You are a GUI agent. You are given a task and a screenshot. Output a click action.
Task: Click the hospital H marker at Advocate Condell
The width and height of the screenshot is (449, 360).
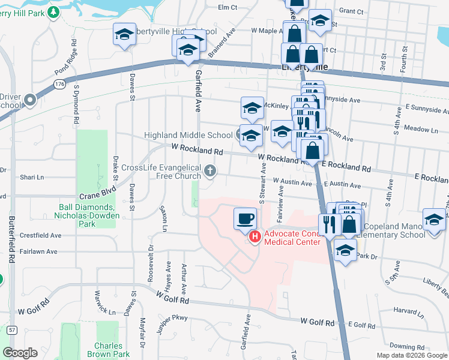(x=255, y=238)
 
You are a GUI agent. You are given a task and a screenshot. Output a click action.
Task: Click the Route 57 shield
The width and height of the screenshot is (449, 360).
(x=11, y=330)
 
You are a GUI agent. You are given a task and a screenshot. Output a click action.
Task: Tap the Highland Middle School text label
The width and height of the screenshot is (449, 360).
(x=188, y=135)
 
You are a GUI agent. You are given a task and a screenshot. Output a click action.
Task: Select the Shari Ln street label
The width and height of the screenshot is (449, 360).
(x=32, y=177)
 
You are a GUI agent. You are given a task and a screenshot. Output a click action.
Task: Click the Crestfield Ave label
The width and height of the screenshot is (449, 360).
(x=41, y=236)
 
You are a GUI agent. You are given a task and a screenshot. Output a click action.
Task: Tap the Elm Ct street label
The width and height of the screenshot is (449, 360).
(x=228, y=7)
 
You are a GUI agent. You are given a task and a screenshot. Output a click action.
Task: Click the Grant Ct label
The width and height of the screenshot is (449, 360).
(x=351, y=11)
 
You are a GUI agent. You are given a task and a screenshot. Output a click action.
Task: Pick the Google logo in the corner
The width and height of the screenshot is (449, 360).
(x=20, y=353)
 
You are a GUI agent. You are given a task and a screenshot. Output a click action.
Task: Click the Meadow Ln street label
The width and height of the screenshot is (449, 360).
(x=421, y=129)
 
